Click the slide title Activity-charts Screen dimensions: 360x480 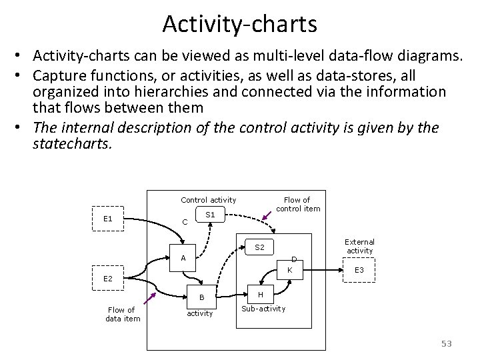240,24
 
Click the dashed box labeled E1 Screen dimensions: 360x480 107,219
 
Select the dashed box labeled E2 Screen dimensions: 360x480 107,278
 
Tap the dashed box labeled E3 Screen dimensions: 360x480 359,270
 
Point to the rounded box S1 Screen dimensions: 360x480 210,215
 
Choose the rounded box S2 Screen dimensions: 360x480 260,248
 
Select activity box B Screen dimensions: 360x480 200,297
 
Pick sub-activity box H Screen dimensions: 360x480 260,295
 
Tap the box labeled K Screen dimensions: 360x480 289,270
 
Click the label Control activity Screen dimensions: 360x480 208,200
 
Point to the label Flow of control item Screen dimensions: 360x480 297,204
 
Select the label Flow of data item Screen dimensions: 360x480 122,314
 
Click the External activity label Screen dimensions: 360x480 359,246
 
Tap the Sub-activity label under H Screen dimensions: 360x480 263,309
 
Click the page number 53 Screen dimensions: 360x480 446,344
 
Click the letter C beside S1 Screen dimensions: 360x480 185,222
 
